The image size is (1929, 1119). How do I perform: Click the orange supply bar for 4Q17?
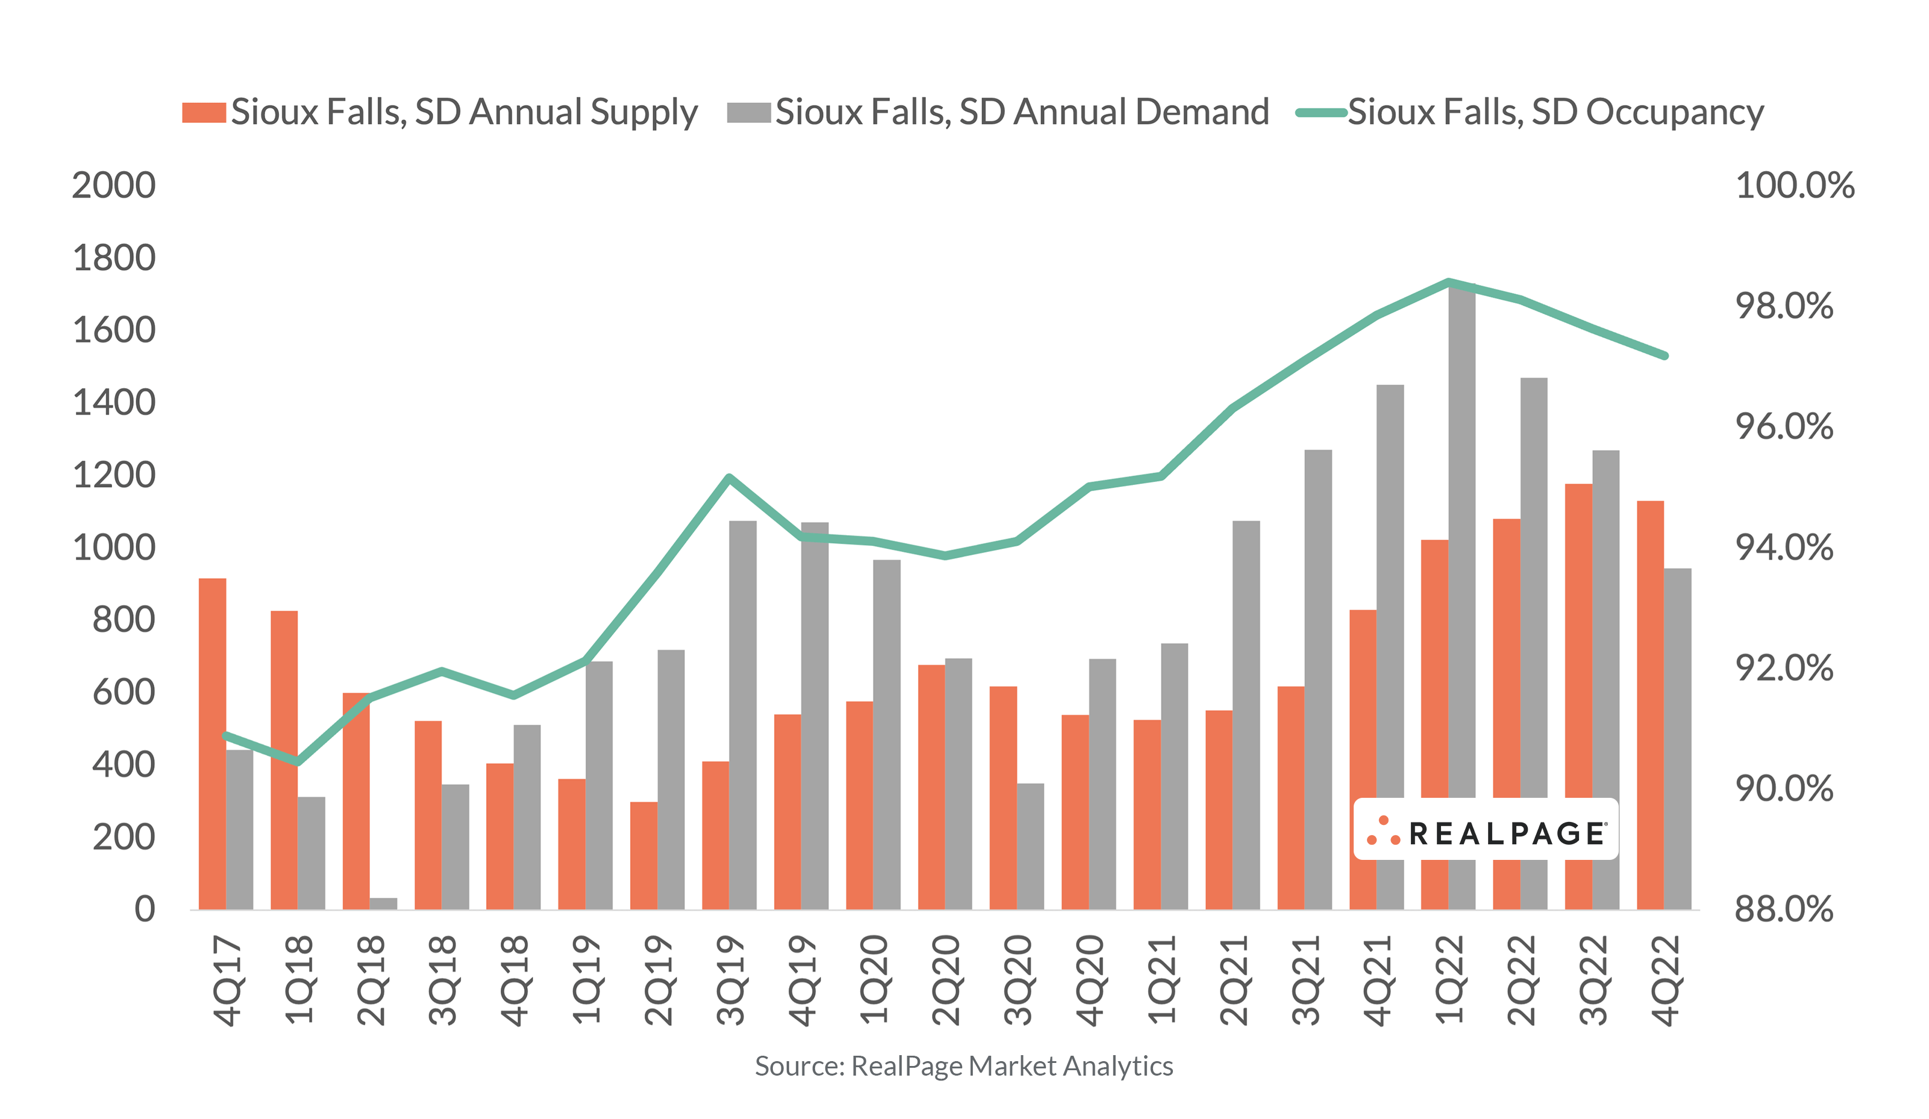coord(212,744)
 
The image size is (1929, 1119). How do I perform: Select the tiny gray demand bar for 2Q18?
coord(384,904)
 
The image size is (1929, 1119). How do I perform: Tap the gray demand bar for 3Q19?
coord(743,715)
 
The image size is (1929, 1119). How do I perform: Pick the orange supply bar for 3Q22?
coord(1578,697)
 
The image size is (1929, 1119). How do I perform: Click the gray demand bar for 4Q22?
coord(1677,739)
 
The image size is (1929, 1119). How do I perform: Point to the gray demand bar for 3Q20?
coord(1030,847)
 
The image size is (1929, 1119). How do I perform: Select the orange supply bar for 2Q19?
coord(644,856)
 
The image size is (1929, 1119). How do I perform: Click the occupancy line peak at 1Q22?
coord(1449,282)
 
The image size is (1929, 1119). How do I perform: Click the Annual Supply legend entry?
coord(440,113)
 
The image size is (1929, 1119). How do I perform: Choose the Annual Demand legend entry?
coord(998,113)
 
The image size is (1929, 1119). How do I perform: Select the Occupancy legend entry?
coord(1530,113)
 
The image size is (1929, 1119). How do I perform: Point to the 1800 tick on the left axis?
coord(113,258)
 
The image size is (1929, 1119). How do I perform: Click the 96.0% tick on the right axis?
coord(1784,427)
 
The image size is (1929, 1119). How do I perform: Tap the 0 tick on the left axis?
coord(145,910)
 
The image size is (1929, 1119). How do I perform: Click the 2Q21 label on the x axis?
coord(1234,980)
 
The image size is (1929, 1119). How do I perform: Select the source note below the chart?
coord(964,1066)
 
